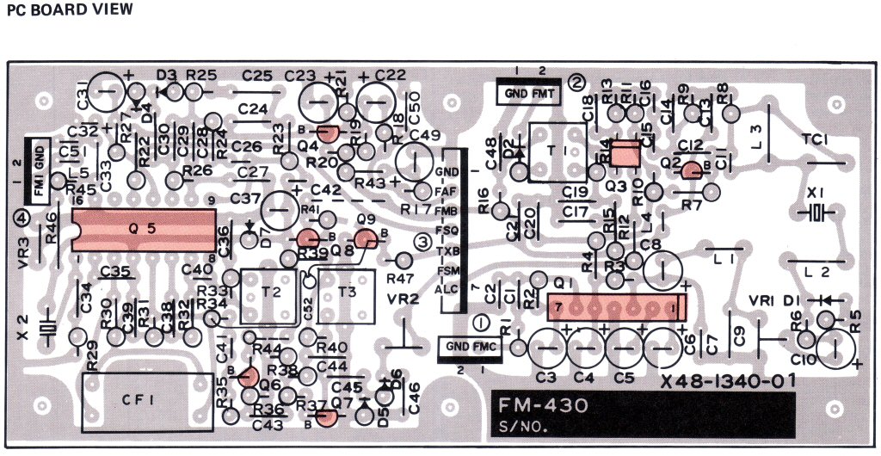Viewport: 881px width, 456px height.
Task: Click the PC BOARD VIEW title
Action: [x=70, y=10]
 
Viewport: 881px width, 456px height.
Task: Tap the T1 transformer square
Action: [x=555, y=151]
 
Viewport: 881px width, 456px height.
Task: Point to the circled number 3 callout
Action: [x=422, y=242]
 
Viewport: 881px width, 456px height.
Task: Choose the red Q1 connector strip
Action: [x=617, y=306]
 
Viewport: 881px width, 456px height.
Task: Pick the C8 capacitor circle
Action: [x=662, y=268]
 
